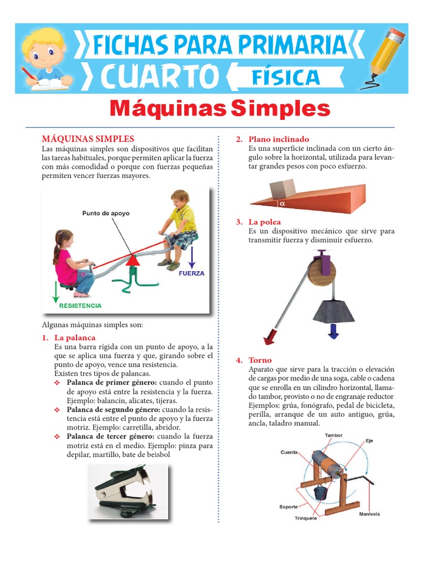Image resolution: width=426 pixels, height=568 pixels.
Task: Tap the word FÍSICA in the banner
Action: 286,77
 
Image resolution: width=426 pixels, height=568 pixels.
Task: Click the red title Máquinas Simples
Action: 220,109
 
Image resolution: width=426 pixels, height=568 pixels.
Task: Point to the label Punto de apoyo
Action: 105,213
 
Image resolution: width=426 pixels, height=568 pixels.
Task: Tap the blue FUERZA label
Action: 191,273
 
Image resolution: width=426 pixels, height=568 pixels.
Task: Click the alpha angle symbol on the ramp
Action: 282,204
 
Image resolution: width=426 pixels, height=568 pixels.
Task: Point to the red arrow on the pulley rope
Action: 272,336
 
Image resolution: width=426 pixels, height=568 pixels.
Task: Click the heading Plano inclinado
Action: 278,139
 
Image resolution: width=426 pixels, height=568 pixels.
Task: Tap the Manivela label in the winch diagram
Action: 369,514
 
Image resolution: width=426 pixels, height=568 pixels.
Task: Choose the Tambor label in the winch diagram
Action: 334,435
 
